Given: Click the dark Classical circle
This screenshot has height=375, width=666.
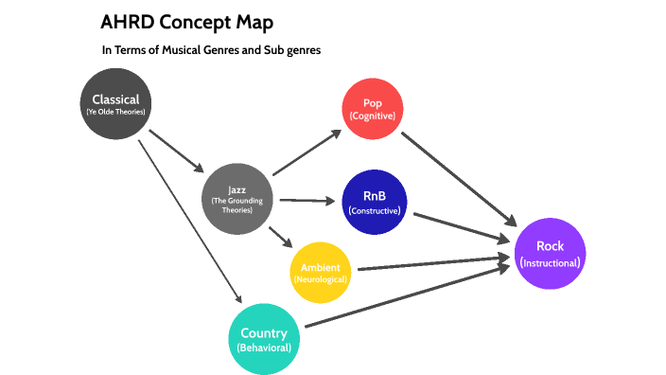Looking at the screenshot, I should point(115,103).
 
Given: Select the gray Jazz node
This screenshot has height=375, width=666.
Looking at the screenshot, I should point(237,198).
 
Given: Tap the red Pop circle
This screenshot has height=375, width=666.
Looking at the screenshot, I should point(372,108).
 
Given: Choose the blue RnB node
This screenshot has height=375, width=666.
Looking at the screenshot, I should point(374,202).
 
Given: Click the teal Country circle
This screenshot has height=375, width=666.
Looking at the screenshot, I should point(265,339).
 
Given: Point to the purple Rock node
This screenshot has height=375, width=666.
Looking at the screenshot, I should point(550,252).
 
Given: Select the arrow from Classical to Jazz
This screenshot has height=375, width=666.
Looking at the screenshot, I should point(176,151).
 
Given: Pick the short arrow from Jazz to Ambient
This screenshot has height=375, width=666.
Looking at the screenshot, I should point(278,238).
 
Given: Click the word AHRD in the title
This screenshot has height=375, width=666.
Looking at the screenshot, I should point(128,22).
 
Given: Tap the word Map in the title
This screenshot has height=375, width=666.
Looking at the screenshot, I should point(259,22).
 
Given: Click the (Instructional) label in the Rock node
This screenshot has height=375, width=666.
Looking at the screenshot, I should point(550,262).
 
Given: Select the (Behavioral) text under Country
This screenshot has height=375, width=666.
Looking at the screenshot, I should point(265,348).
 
